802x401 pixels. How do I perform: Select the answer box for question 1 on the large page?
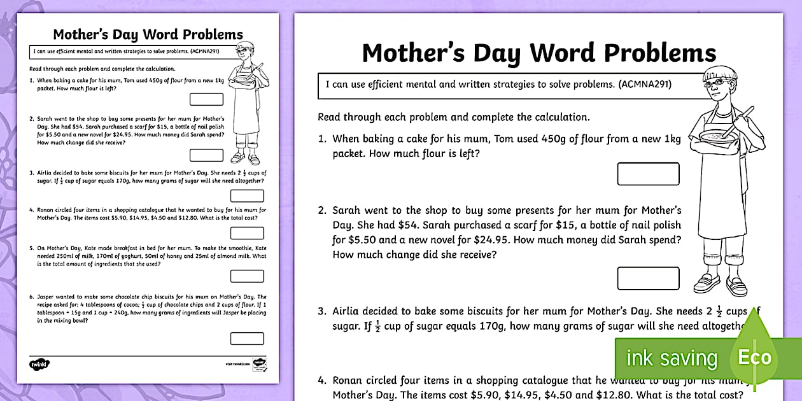(648, 174)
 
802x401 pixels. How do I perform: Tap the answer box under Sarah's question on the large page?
(648, 278)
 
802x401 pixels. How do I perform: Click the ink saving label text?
(671, 358)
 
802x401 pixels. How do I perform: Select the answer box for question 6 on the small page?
(247, 339)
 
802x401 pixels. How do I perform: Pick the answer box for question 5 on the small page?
(247, 276)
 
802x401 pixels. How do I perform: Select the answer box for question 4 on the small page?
(247, 233)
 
